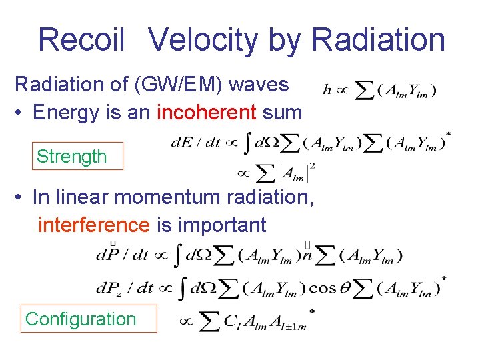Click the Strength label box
coord(71,156)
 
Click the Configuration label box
coord(81,319)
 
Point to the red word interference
coord(94,225)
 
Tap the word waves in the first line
coord(263,84)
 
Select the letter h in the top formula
coord(327,88)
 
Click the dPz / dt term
coord(125,288)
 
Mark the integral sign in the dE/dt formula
coord(248,142)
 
